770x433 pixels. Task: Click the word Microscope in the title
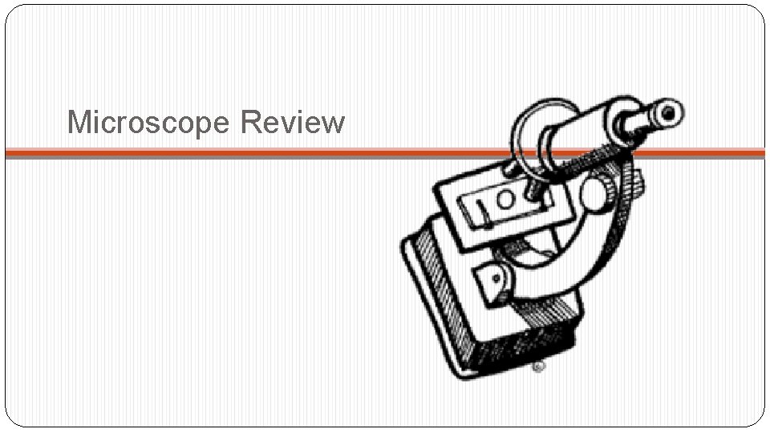150,123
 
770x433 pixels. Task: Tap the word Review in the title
292,123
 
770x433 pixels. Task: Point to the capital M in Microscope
79,123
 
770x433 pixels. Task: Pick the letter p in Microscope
201,127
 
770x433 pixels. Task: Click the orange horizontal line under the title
241,152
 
